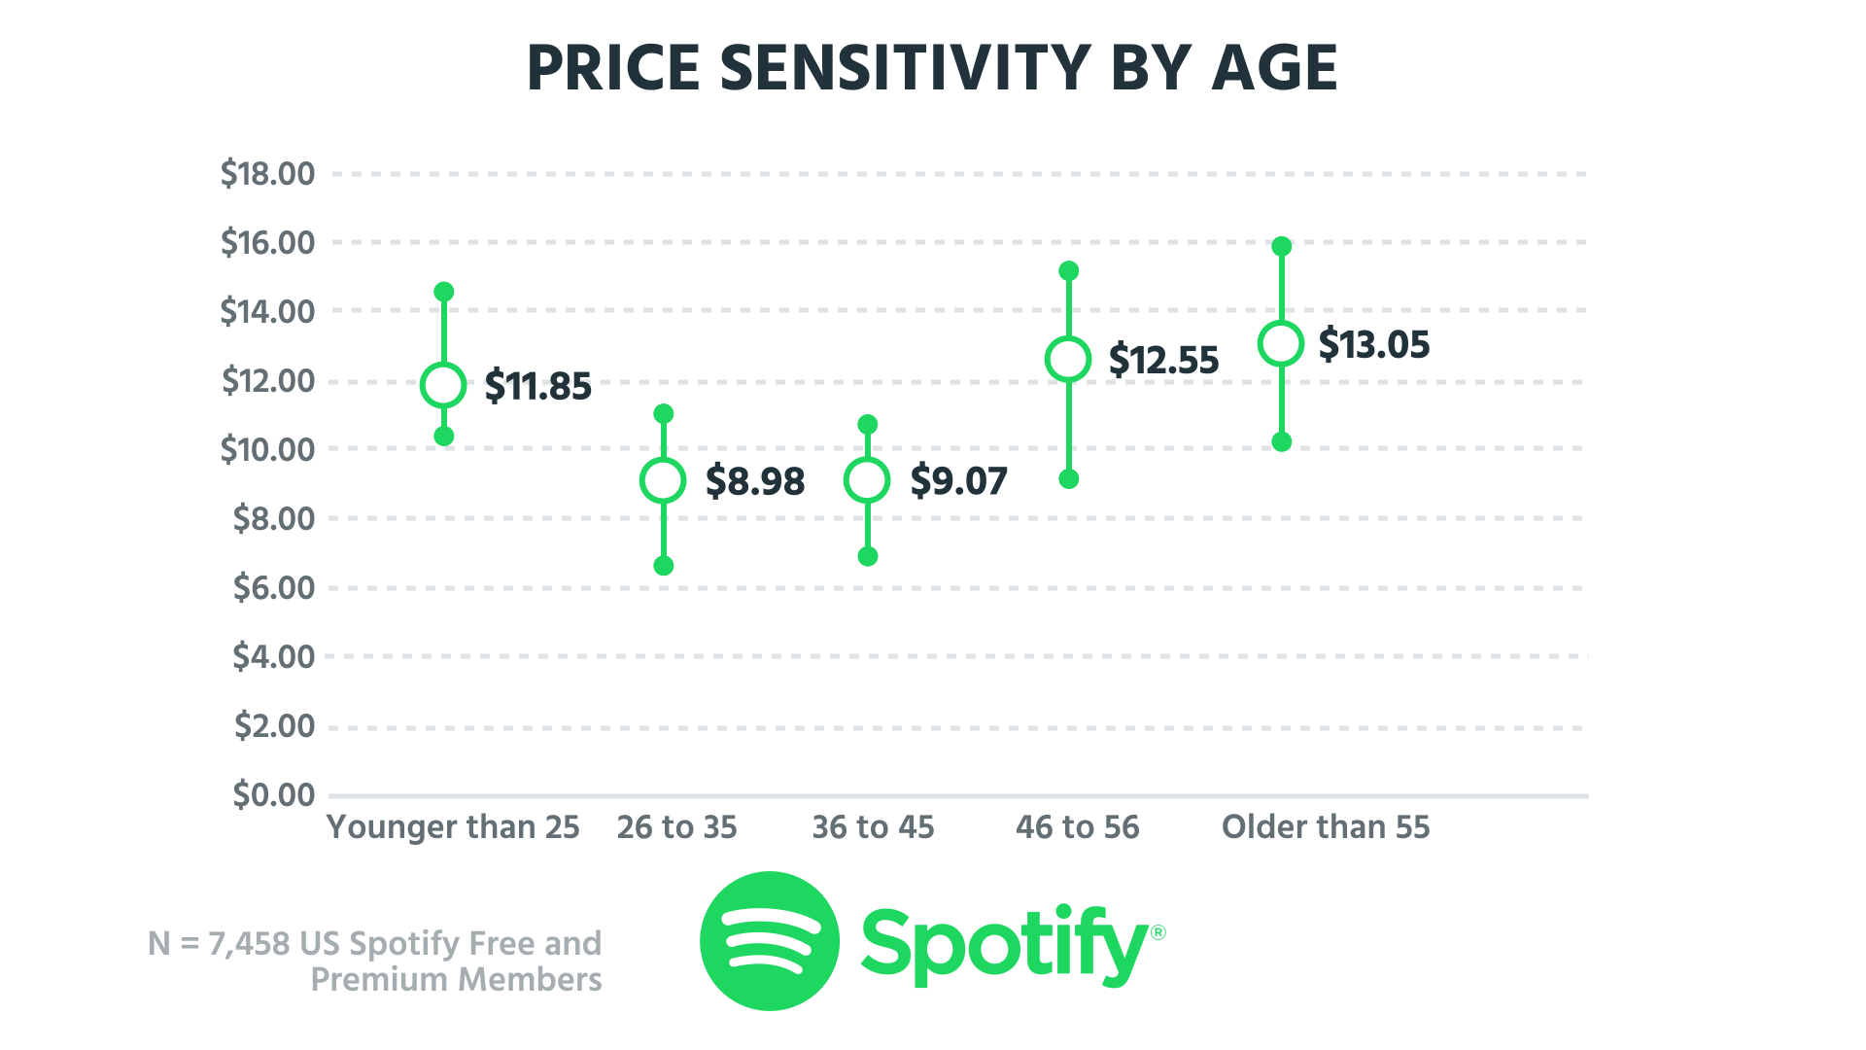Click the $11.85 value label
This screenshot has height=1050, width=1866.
[x=537, y=386]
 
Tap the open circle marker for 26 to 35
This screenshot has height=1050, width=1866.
[x=663, y=480]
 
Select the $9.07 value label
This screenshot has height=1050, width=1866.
[x=958, y=480]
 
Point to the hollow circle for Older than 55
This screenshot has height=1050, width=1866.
[x=1281, y=343]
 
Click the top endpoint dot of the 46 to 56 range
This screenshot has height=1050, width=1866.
[x=1069, y=270]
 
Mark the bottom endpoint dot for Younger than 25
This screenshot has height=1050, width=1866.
[x=444, y=437]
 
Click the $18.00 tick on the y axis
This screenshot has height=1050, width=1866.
[x=267, y=174]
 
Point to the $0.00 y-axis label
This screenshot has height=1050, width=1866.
[x=274, y=795]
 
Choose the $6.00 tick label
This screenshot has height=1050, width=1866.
[x=274, y=587]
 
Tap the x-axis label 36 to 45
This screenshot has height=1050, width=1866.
[x=873, y=827]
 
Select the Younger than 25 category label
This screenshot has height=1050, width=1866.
[x=453, y=827]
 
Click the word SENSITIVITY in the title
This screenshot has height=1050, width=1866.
[x=906, y=68]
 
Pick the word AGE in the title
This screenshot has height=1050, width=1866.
[x=1274, y=68]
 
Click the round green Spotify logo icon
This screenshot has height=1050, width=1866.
[x=769, y=940]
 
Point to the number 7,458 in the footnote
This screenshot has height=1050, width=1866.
[x=249, y=943]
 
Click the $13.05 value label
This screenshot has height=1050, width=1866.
[x=1373, y=344]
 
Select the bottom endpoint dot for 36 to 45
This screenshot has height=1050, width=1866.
[x=868, y=556]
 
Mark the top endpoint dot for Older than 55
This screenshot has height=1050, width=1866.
[x=1282, y=246]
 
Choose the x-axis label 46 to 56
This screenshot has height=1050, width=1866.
[x=1077, y=827]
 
